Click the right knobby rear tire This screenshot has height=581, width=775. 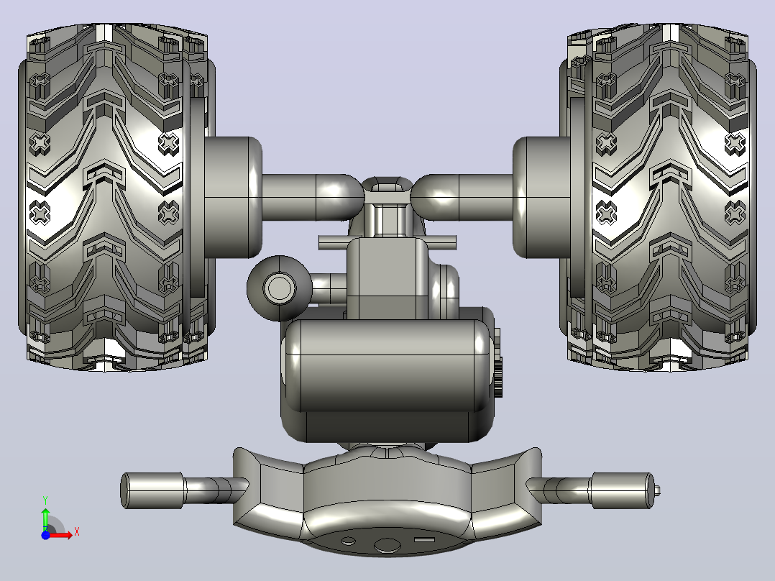tap(659, 197)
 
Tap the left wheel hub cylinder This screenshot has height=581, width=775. tap(233, 197)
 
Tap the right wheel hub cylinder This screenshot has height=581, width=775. tap(542, 197)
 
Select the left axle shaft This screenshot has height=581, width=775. tap(312, 197)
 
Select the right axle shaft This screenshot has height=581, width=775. tap(462, 197)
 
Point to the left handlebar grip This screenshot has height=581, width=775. tap(152, 490)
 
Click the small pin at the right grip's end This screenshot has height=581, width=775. tap(657, 490)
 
